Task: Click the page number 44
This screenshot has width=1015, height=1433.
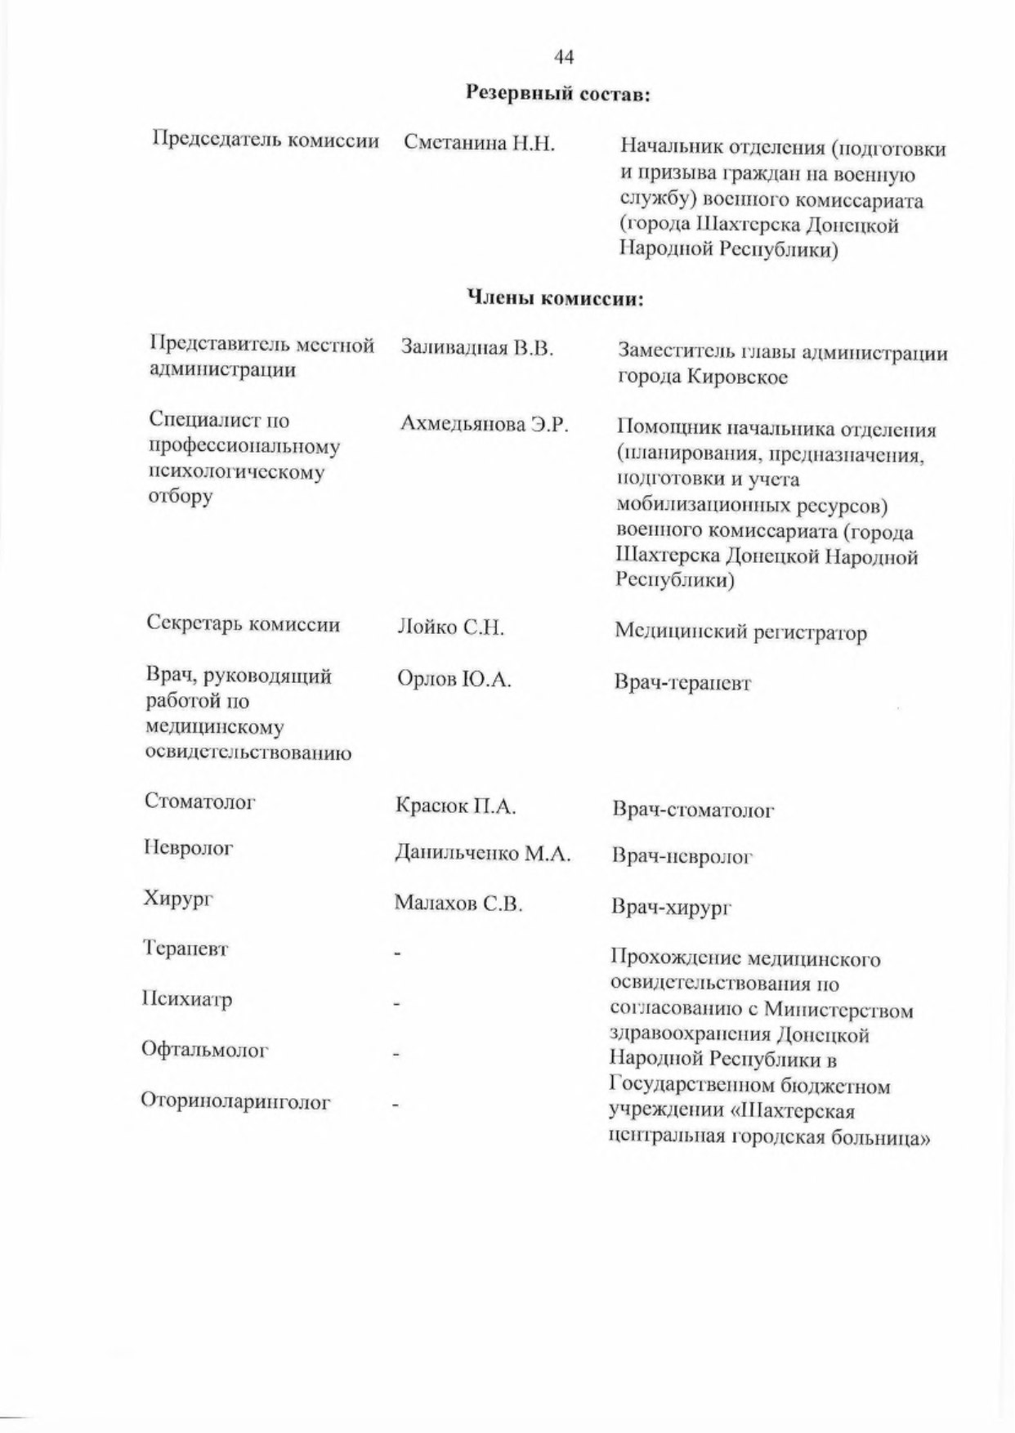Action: (x=564, y=56)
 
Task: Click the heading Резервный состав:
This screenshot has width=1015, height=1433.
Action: (x=557, y=95)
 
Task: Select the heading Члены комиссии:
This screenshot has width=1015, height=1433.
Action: (x=555, y=299)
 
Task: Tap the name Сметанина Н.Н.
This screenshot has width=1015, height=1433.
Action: (x=479, y=145)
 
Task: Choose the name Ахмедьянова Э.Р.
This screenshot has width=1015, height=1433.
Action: (x=484, y=425)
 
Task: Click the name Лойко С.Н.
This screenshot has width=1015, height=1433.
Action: (x=450, y=628)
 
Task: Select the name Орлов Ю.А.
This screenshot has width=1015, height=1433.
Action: (x=454, y=679)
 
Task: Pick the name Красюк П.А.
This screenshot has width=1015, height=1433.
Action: (x=456, y=807)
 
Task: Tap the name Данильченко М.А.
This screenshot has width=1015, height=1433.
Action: (x=483, y=854)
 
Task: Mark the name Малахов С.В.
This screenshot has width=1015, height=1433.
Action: (x=458, y=904)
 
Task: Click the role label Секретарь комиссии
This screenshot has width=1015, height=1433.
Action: (x=244, y=624)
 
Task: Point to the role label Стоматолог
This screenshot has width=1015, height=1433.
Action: (x=200, y=801)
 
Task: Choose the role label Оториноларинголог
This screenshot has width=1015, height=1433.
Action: (x=235, y=1102)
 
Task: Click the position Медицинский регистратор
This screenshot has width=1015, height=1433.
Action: (x=740, y=632)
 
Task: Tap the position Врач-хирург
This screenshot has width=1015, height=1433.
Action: (x=671, y=908)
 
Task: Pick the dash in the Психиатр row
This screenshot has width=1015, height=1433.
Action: (x=396, y=1004)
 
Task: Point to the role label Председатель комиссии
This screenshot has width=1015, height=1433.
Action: (x=266, y=141)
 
